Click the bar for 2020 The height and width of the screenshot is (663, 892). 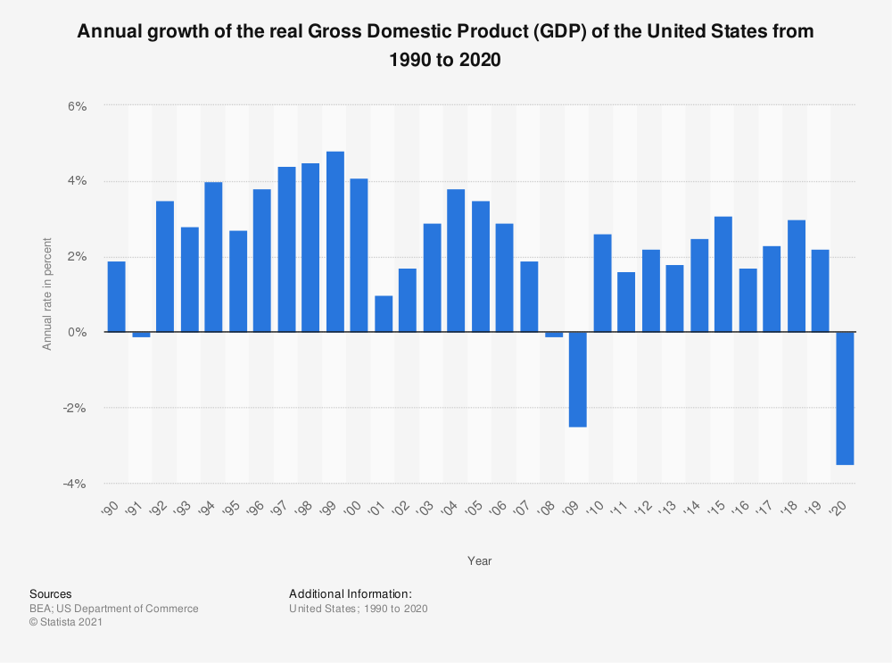pyautogui.click(x=845, y=398)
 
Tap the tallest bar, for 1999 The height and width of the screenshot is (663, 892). pyautogui.click(x=334, y=242)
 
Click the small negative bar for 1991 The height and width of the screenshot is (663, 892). pyautogui.click(x=141, y=335)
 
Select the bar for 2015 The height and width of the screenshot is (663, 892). pyautogui.click(x=723, y=274)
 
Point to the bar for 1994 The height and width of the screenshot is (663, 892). pyautogui.click(x=213, y=257)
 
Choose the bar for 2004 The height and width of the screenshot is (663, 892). pyautogui.click(x=456, y=261)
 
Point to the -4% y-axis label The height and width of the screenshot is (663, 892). pyautogui.click(x=74, y=484)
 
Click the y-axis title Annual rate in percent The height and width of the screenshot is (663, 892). pyautogui.click(x=48, y=294)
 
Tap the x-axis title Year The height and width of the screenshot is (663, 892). pyautogui.click(x=479, y=561)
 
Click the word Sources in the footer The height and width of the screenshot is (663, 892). pyautogui.click(x=51, y=593)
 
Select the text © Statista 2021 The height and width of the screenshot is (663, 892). pyautogui.click(x=67, y=623)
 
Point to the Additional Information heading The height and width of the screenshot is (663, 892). pyautogui.click(x=351, y=593)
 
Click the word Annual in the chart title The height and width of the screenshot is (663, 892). pyautogui.click(x=110, y=32)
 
